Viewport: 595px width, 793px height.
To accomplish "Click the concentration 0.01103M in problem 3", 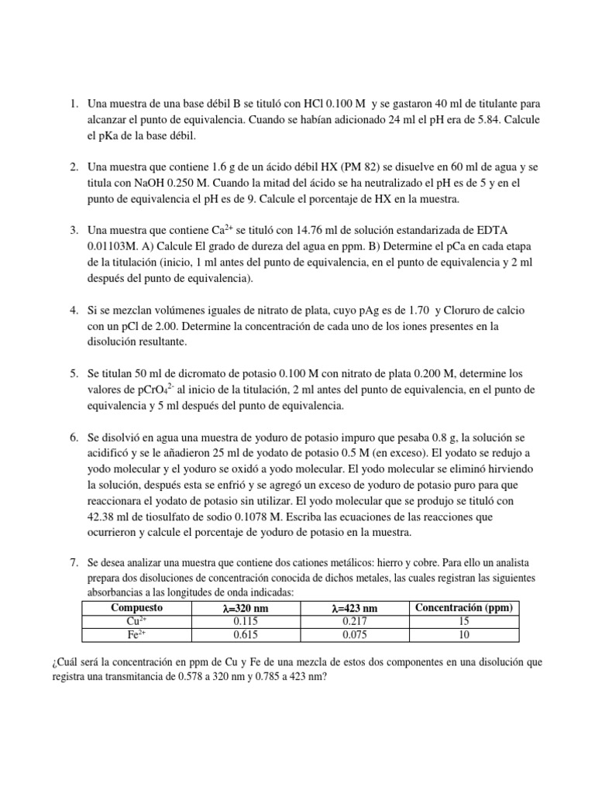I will click(113, 246).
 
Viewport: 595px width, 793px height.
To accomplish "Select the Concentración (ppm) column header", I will click(464, 608).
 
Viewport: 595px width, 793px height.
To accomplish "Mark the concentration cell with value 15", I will click(464, 621).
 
